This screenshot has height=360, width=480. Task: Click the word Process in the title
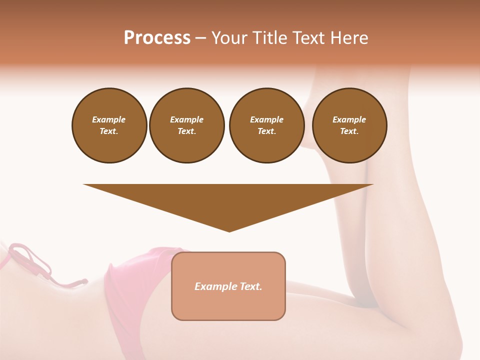157,38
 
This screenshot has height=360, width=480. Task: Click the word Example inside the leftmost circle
109,119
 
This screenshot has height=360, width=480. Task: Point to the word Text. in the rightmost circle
349,131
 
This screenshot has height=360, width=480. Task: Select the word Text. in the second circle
187,131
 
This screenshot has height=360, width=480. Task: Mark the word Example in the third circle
266,119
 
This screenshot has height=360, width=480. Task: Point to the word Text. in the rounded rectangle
251,286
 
